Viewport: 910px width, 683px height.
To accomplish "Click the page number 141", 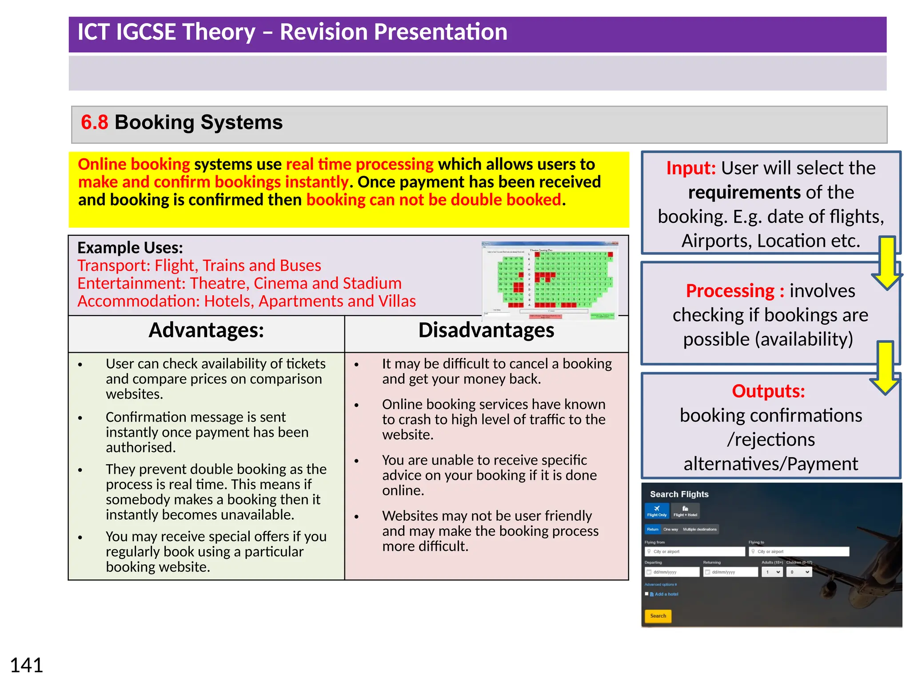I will tap(26, 665).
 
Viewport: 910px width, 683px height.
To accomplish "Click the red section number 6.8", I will tap(94, 122).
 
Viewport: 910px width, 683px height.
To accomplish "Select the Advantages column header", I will tap(206, 330).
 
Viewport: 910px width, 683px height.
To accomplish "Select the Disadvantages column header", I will tap(486, 330).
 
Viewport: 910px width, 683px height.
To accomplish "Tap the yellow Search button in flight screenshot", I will tap(658, 616).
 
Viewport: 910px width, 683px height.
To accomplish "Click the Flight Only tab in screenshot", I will tap(656, 511).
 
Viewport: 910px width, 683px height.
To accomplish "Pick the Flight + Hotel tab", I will tap(685, 511).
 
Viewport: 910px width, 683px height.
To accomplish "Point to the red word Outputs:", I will tap(768, 391).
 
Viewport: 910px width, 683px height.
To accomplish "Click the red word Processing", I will tap(730, 291).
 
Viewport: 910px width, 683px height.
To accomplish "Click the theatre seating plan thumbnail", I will tap(550, 281).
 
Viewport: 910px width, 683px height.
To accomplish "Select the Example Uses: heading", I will tap(130, 248).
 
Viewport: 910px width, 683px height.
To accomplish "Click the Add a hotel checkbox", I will tap(647, 594).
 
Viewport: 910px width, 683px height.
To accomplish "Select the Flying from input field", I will tap(694, 551).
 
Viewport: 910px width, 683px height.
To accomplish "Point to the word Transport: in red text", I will tap(114, 265).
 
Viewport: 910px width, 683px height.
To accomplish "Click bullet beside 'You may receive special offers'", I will tap(80, 537).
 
